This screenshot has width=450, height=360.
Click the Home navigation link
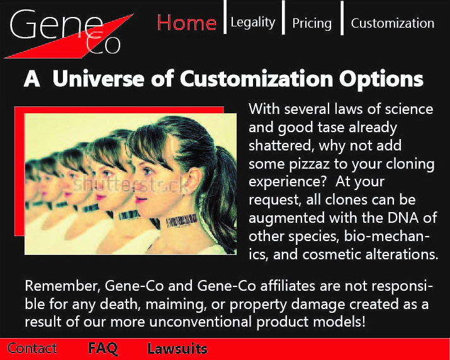coord(186,23)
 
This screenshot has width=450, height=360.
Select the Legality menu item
coord(253,23)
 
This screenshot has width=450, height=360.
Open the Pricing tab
coord(312,23)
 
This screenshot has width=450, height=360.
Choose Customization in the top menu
coord(393,23)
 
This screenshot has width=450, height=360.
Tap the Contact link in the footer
coord(32,348)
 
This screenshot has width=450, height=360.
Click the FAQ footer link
coord(103,348)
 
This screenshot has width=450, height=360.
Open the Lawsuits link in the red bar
coord(177,349)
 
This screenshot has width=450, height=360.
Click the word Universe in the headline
coord(98,79)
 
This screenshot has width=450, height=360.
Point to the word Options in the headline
coord(381,79)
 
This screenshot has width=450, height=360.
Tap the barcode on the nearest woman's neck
coord(182,221)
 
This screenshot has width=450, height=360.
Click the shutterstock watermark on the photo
coord(131,184)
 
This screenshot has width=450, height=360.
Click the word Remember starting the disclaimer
coord(62,286)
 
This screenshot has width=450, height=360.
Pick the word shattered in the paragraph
coord(280,146)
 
